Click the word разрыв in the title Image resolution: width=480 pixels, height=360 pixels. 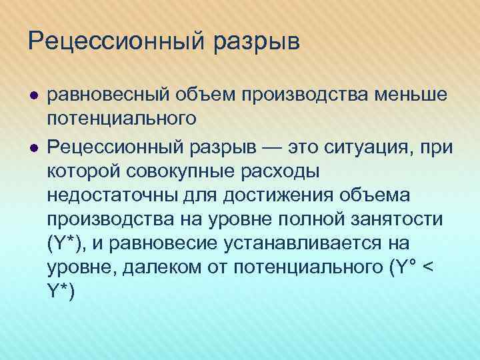pos(257,43)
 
